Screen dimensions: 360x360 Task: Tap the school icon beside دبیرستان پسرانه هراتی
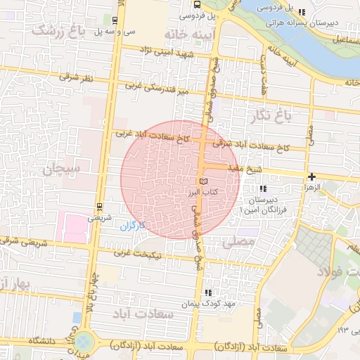point(302,12)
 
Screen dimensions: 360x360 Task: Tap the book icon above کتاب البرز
point(205,181)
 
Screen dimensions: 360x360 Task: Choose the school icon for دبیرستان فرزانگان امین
point(263,189)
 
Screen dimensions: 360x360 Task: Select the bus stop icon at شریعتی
point(98,207)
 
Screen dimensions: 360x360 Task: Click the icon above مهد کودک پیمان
point(207,292)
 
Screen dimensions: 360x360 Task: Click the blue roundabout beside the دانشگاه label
point(84,342)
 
